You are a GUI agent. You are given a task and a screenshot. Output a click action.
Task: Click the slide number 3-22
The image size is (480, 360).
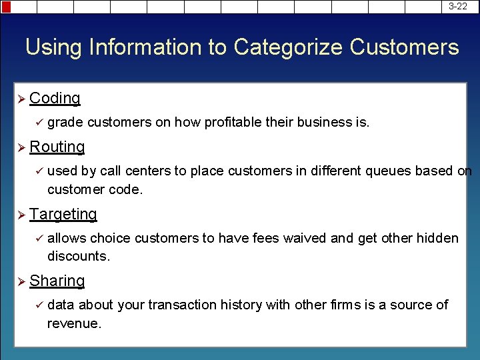click(457, 6)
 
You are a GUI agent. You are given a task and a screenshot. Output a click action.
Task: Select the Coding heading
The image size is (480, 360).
click(55, 98)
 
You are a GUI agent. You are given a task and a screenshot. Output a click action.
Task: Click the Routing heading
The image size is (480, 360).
click(57, 147)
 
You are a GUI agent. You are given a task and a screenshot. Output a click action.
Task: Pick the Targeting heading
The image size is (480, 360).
click(63, 214)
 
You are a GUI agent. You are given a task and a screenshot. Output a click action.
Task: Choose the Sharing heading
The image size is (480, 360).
click(57, 281)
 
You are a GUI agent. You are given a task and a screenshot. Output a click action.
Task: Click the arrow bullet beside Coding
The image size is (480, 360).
click(20, 99)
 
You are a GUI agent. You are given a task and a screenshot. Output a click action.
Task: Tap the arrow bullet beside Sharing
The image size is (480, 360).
click(20, 281)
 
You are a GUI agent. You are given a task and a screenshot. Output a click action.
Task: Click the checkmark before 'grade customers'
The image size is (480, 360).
click(38, 123)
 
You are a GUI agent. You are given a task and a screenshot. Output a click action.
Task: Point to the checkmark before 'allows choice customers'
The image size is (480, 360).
click(38, 239)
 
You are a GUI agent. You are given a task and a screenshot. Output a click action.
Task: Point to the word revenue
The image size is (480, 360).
click(73, 323)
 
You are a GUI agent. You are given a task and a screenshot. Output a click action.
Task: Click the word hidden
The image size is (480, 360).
click(438, 239)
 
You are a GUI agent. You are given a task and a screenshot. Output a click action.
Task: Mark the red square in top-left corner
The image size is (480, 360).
click(6, 7)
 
